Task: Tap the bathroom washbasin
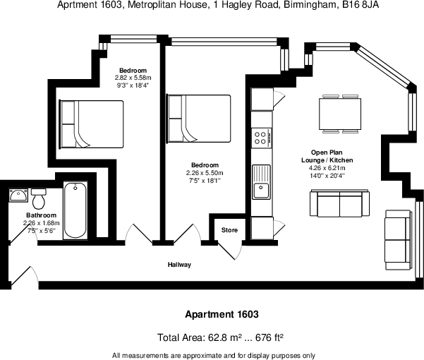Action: (x=18, y=195)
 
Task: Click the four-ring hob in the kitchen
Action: (x=262, y=137)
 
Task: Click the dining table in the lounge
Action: (x=340, y=113)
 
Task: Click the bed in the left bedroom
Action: (x=92, y=124)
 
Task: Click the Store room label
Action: (x=230, y=230)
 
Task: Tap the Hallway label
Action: (x=179, y=265)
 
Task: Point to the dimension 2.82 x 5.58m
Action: (x=133, y=78)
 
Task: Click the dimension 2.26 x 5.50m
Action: (x=205, y=173)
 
